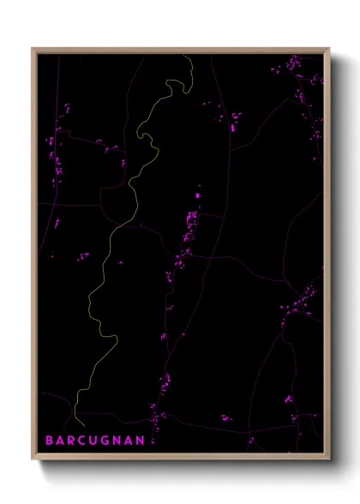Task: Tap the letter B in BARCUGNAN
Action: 50,441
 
